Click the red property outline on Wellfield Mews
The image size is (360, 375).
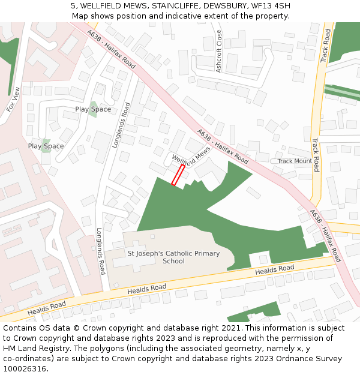pos(178,175)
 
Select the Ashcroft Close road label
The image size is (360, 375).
pos(218,51)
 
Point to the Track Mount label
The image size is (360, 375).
pos(294,161)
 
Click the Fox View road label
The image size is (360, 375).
pos(13,100)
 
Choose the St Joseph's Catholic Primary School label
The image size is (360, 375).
pos(173,257)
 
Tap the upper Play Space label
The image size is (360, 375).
pos(93,109)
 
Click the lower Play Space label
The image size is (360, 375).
pos(46,146)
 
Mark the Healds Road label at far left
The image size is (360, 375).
pos(46,307)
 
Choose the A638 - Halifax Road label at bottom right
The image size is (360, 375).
pos(325,235)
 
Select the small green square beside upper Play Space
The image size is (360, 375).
pos(93,109)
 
